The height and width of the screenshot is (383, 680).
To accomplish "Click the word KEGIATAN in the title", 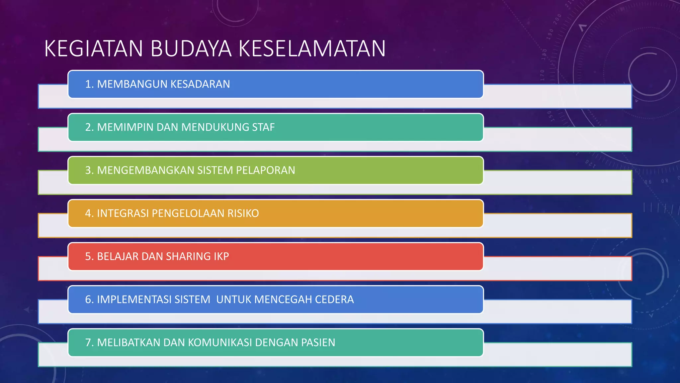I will tap(94, 49).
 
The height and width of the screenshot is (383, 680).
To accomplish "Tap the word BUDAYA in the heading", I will tap(191, 49).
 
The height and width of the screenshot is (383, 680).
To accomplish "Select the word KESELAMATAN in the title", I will tap(312, 49).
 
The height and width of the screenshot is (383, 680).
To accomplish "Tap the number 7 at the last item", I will tap(88, 342).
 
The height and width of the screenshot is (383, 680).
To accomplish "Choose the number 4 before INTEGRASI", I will tap(88, 213).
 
